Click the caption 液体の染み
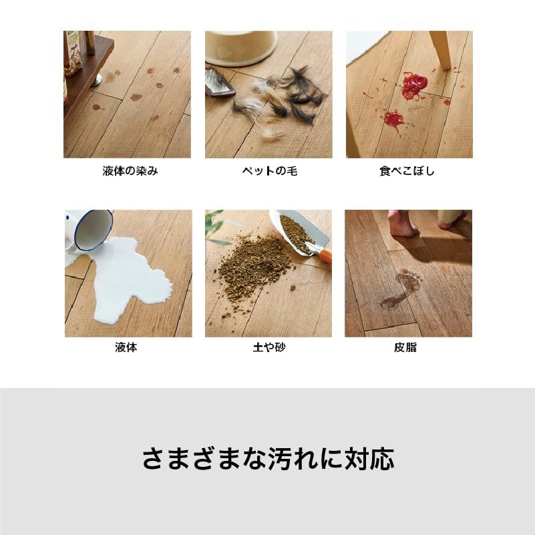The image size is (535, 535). pyautogui.click(x=130, y=170)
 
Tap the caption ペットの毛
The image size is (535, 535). pyautogui.click(x=270, y=170)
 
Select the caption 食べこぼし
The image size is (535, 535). pyautogui.click(x=407, y=170)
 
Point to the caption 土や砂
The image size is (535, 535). pyautogui.click(x=269, y=347)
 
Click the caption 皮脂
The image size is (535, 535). pyautogui.click(x=405, y=347)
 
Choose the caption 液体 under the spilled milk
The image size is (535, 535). pyautogui.click(x=126, y=347)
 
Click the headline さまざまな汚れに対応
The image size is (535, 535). pyautogui.click(x=269, y=459)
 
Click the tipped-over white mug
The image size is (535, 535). pyautogui.click(x=88, y=230)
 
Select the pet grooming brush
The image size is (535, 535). pyautogui.click(x=218, y=82)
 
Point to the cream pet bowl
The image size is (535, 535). pyautogui.click(x=241, y=48)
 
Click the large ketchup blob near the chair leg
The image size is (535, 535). pyautogui.click(x=414, y=85)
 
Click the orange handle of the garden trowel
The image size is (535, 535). pyautogui.click(x=326, y=256)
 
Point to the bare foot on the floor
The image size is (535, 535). pyautogui.click(x=403, y=224)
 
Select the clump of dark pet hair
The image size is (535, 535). pyautogui.click(x=301, y=94)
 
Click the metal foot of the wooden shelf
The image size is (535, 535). pyautogui.click(x=96, y=81)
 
